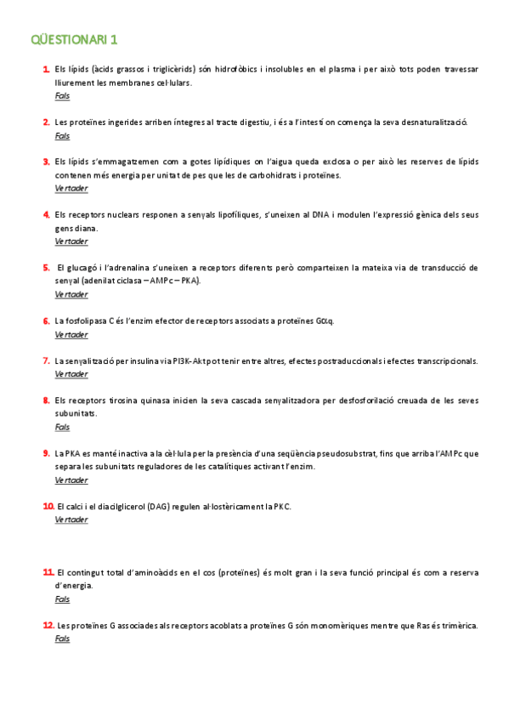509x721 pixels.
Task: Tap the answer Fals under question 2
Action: pyautogui.click(x=62, y=135)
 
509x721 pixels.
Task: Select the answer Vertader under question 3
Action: pyautogui.click(x=71, y=188)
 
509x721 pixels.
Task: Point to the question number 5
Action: pyautogui.click(x=46, y=267)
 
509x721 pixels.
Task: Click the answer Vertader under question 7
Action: pyautogui.click(x=71, y=374)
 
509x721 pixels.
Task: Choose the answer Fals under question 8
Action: pyautogui.click(x=62, y=427)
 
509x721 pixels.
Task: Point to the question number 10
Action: pyautogui.click(x=48, y=506)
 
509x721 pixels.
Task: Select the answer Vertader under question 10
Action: pyautogui.click(x=71, y=519)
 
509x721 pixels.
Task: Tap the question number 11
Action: pyautogui.click(x=48, y=572)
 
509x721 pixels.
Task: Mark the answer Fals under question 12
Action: pyautogui.click(x=62, y=639)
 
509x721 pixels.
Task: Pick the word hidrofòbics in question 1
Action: pyautogui.click(x=242, y=69)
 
